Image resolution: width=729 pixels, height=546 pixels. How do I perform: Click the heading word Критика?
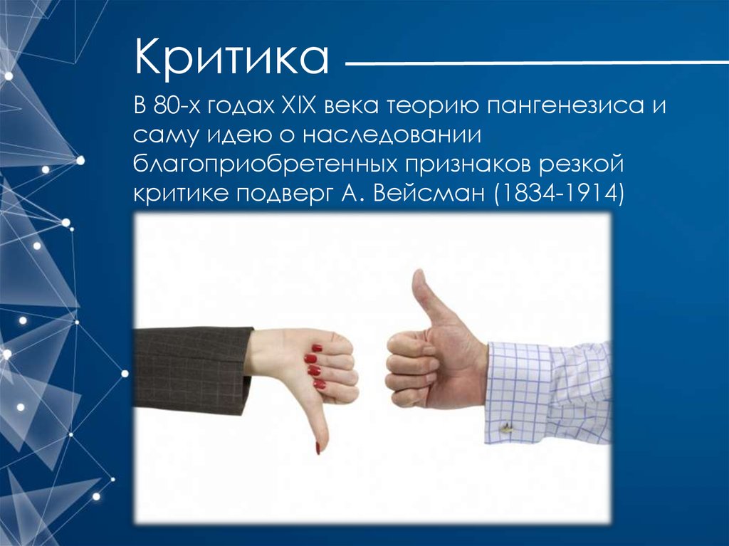coord(231,58)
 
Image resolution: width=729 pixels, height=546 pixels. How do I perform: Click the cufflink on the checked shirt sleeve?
coord(506,428)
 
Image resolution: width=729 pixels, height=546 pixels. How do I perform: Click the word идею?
coord(237,136)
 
